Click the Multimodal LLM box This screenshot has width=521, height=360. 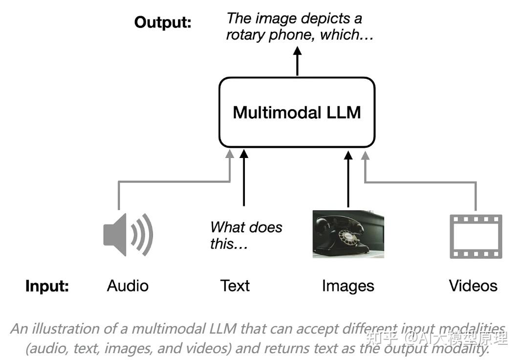pyautogui.click(x=297, y=112)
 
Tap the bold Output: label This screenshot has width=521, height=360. pyautogui.click(x=163, y=22)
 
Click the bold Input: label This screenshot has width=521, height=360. pyautogui.click(x=47, y=286)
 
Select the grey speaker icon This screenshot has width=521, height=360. pyautogui.click(x=128, y=235)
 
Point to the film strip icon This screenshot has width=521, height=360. pyautogui.click(x=476, y=236)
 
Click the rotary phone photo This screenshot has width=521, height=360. pyautogui.click(x=348, y=234)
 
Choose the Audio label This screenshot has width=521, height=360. pyautogui.click(x=128, y=286)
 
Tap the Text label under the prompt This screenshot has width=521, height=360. pyautogui.click(x=235, y=286)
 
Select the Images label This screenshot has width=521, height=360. pyautogui.click(x=348, y=286)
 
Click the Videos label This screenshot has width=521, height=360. pyautogui.click(x=473, y=286)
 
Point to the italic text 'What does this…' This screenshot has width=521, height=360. pyautogui.click(x=246, y=235)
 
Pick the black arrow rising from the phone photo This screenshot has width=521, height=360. pyautogui.click(x=348, y=179)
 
